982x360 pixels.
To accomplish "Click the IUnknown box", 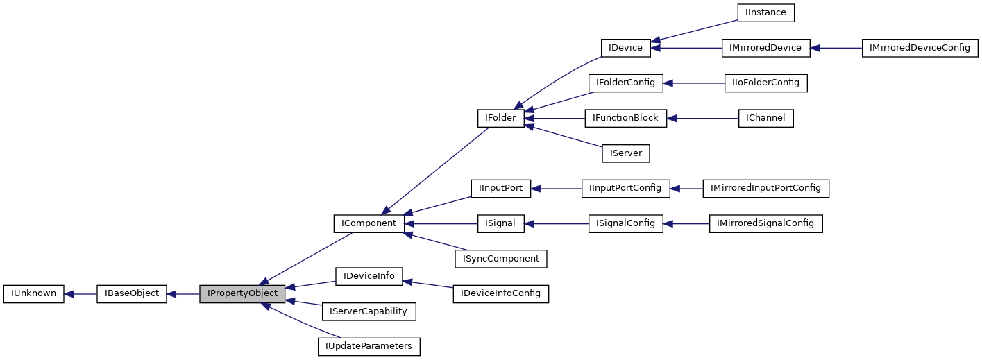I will point(33,293).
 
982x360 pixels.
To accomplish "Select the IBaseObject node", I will point(132,293).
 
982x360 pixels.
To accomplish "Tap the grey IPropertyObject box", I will point(242,293).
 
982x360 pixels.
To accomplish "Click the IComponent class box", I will point(369,223).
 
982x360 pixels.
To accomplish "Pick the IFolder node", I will point(500,118).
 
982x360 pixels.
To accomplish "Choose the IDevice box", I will point(625,48).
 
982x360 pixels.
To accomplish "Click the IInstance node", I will point(765,12).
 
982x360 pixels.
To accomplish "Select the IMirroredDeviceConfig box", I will point(920,48).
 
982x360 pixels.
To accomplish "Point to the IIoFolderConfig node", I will point(765,83).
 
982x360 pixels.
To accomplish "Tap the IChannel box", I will point(765,118).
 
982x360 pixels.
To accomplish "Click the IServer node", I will point(625,153).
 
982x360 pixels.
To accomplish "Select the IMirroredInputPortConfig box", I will point(765,188).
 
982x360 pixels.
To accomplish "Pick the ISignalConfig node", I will point(625,223).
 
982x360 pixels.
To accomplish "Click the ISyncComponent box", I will point(500,259).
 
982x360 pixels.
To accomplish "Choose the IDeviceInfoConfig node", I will point(500,293).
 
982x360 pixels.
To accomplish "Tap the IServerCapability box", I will point(369,311).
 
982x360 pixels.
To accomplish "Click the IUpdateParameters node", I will point(369,346).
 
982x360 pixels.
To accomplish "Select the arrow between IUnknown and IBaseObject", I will point(81,293).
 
